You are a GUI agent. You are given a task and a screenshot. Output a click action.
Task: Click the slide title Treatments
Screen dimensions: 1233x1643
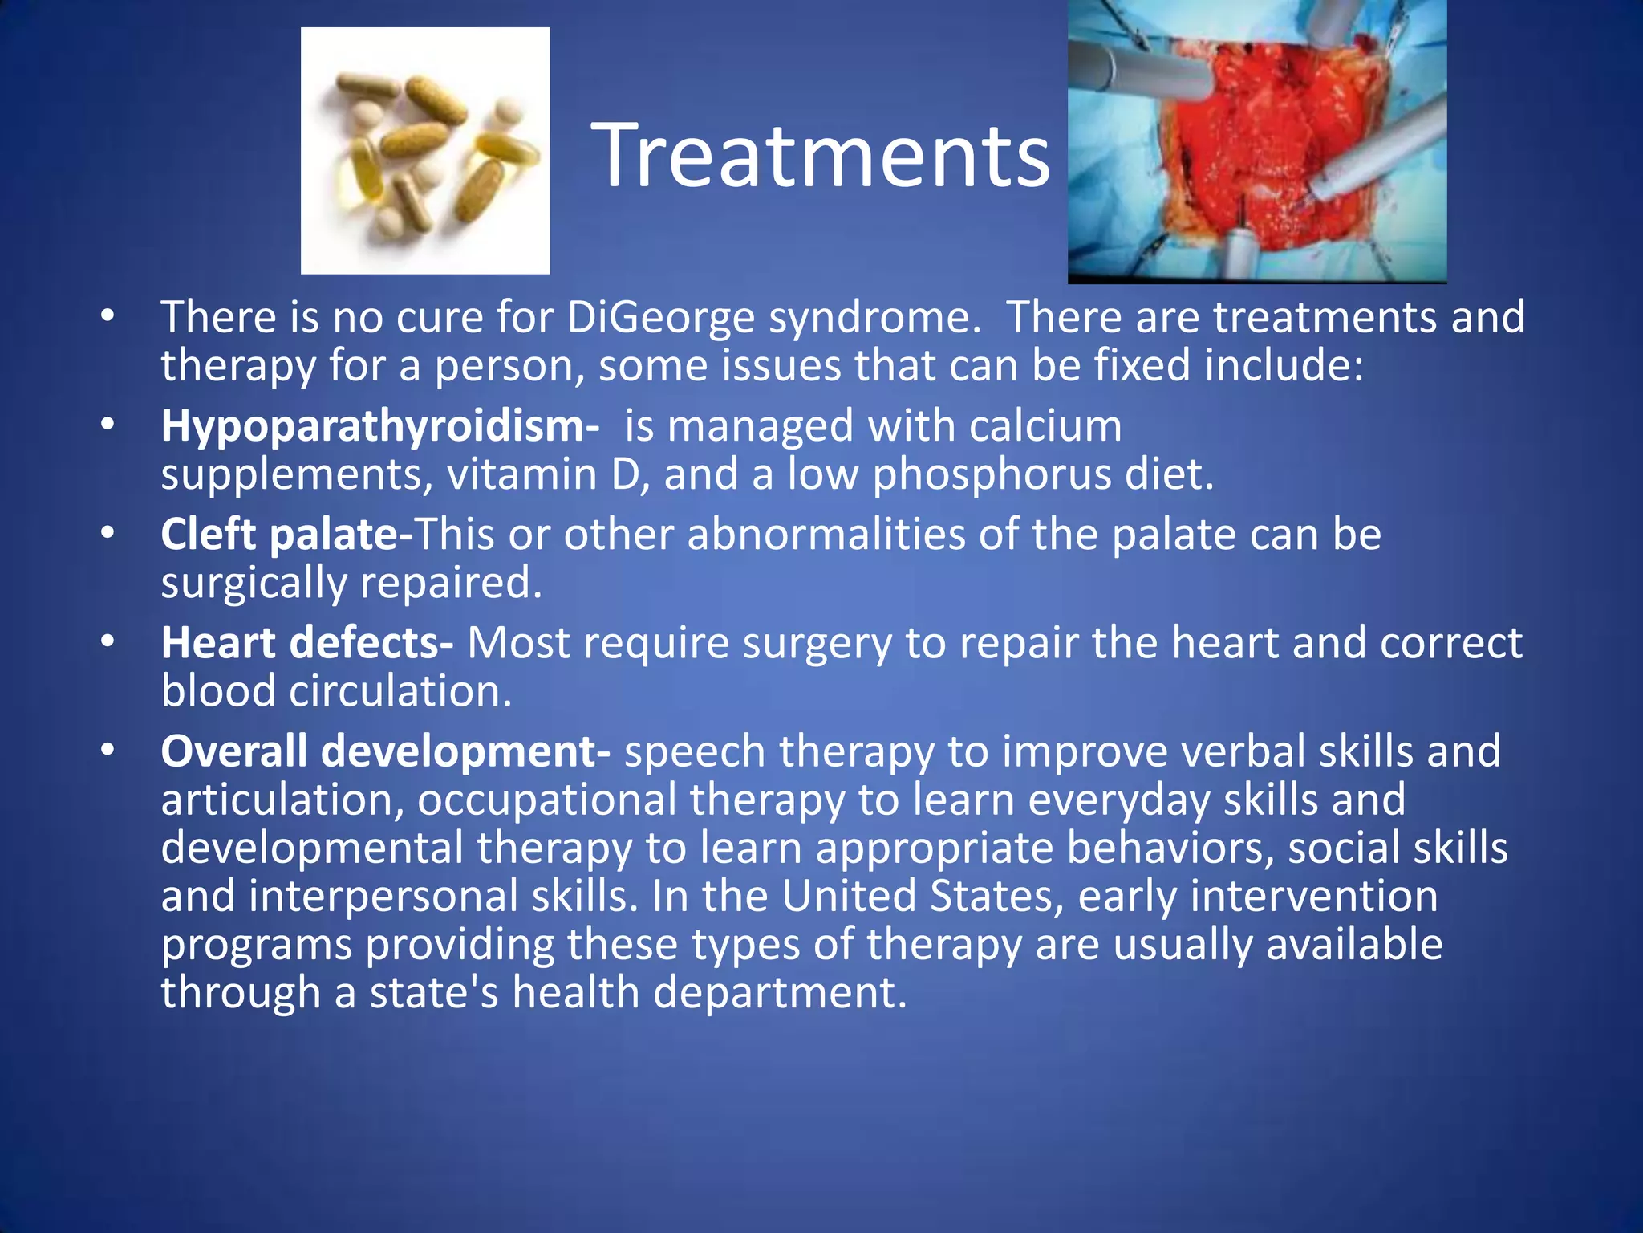[x=820, y=156]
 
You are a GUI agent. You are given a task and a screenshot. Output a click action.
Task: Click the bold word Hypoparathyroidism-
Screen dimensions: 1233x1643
[x=379, y=425]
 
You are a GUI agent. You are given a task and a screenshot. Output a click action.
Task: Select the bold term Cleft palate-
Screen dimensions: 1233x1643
[x=286, y=535]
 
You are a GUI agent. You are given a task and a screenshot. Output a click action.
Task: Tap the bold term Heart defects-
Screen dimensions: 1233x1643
[x=306, y=643]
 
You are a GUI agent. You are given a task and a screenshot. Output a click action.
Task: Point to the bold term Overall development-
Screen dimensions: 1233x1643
[x=385, y=751]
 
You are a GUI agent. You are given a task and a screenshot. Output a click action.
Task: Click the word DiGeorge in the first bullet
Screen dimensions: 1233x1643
[x=660, y=317]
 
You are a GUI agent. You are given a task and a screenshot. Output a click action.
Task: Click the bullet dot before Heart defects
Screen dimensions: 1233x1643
[x=108, y=642]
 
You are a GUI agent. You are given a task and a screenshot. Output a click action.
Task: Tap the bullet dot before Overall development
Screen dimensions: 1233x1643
[x=108, y=751]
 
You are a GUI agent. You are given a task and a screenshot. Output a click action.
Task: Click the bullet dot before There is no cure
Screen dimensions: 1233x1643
[x=108, y=316]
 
